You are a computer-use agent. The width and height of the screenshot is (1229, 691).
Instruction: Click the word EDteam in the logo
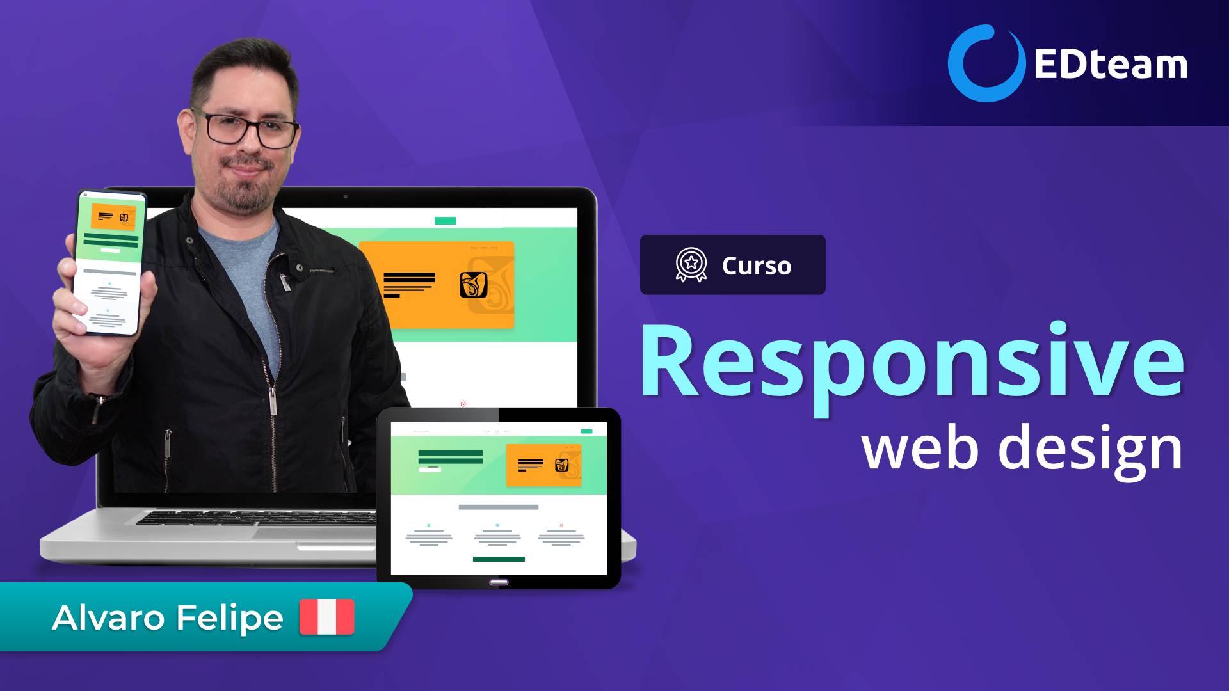coord(1111,65)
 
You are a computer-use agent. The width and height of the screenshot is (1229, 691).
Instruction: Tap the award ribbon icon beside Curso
coord(691,265)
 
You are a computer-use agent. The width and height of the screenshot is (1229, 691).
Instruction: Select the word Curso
coord(757,266)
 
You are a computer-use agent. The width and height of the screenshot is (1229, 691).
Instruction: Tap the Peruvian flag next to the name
coord(326,617)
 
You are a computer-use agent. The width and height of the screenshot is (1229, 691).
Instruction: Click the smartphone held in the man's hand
coord(109,262)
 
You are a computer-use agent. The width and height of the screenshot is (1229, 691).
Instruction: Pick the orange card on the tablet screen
coord(543,465)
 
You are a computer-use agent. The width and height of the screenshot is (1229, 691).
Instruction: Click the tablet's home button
coord(499,582)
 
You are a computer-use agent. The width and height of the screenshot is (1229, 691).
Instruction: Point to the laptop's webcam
coord(346,196)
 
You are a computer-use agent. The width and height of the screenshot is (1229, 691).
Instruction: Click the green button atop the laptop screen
coord(445,221)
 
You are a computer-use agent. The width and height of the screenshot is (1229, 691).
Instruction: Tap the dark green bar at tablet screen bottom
coord(499,559)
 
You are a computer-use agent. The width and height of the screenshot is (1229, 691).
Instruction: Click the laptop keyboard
coord(256,518)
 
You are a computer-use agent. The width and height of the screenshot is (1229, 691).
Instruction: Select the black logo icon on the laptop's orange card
coord(474,285)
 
